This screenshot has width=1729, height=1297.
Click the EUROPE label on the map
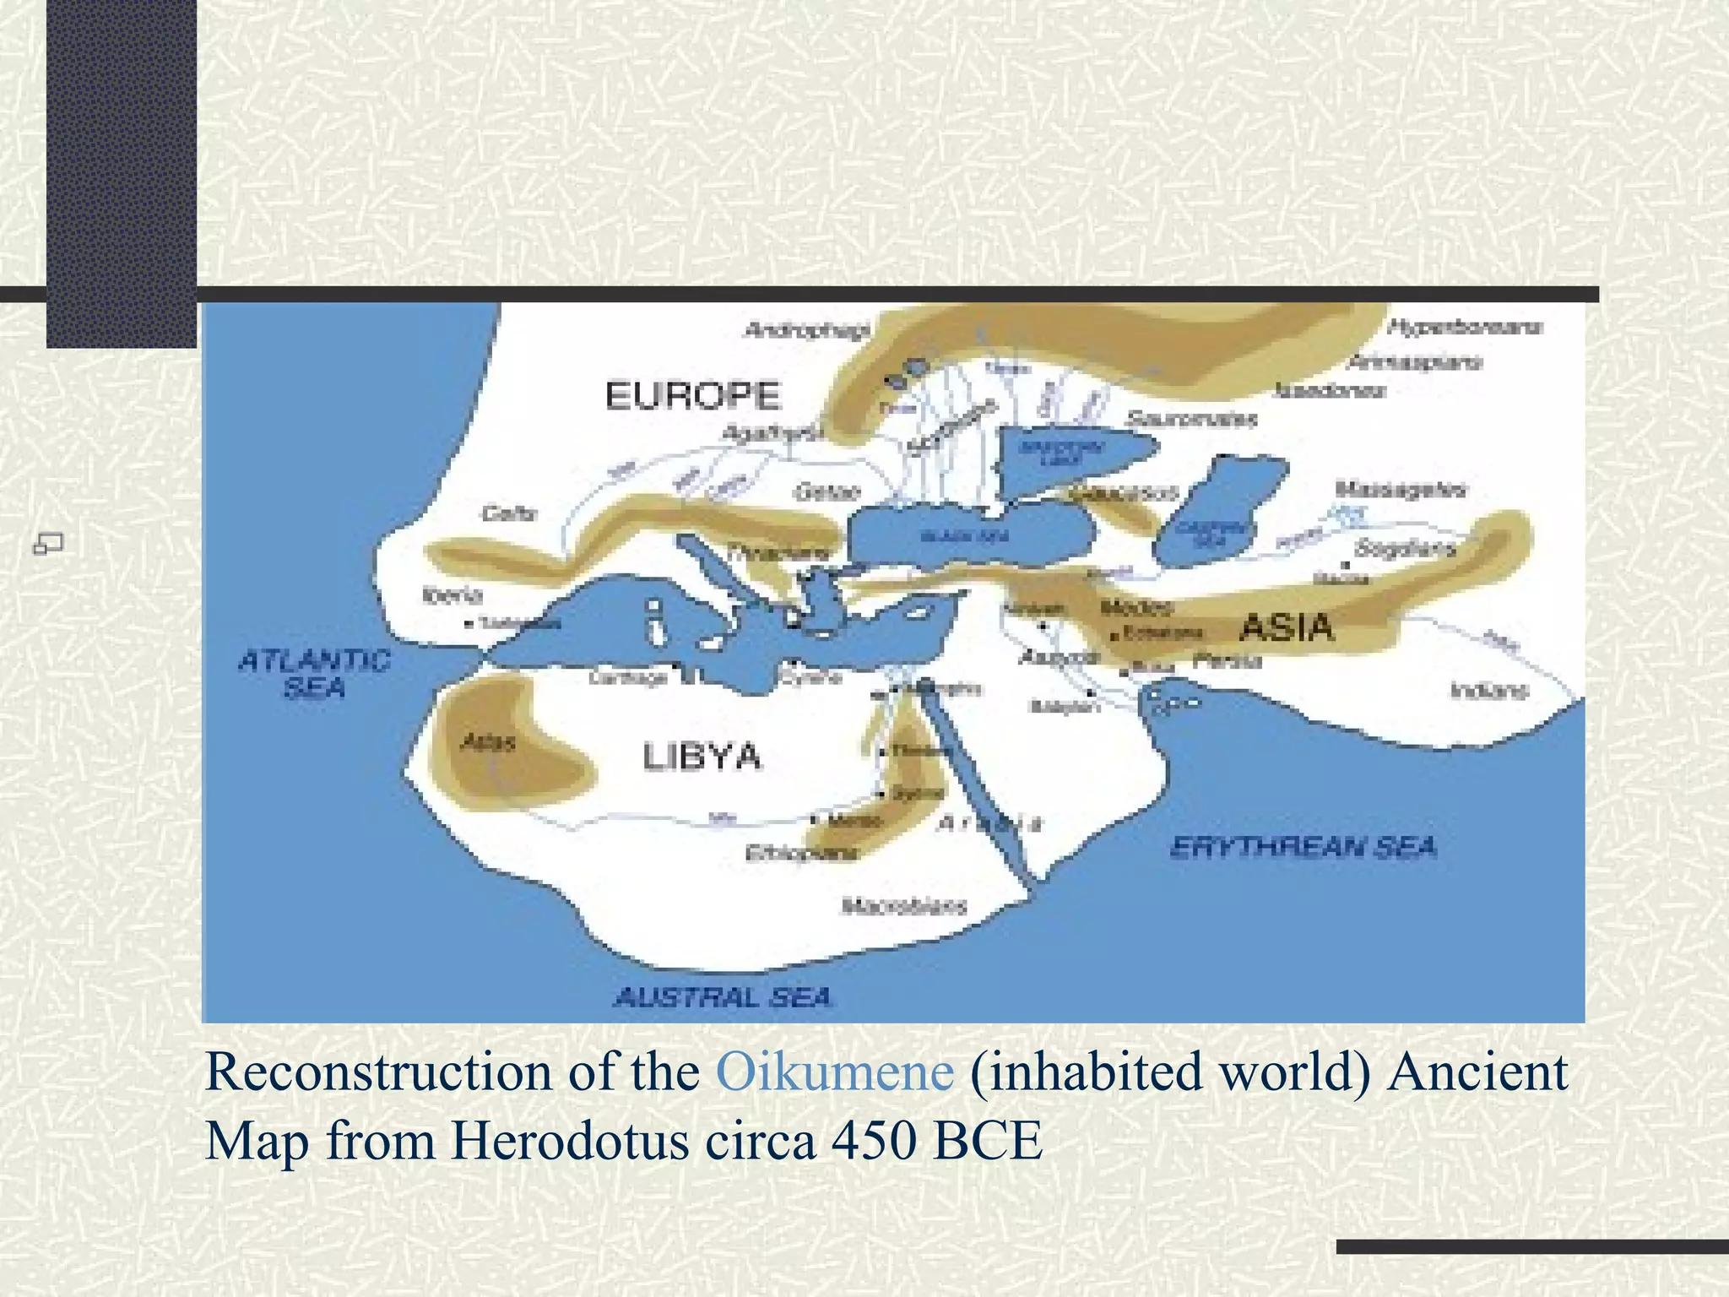pyautogui.click(x=693, y=396)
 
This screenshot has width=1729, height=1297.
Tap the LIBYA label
pyautogui.click(x=702, y=757)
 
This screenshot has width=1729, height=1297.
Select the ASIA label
pyautogui.click(x=1287, y=628)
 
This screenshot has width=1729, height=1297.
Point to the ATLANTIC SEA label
pyautogui.click(x=314, y=674)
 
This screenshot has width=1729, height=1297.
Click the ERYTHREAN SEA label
pyautogui.click(x=1304, y=847)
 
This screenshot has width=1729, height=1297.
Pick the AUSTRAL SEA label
pyautogui.click(x=724, y=998)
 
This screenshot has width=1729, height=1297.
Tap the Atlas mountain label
pyautogui.click(x=488, y=743)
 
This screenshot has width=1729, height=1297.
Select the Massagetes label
pyautogui.click(x=1401, y=490)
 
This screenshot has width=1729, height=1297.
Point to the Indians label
pyautogui.click(x=1489, y=691)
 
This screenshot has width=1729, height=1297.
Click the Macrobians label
pyautogui.click(x=904, y=907)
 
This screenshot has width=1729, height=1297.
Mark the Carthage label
pyautogui.click(x=628, y=678)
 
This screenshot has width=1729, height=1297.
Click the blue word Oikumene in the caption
pyautogui.click(x=835, y=1072)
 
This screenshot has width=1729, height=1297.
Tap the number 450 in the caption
pyautogui.click(x=874, y=1142)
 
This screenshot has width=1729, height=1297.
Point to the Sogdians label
pyautogui.click(x=1405, y=549)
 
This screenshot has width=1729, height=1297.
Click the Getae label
pyautogui.click(x=827, y=492)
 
